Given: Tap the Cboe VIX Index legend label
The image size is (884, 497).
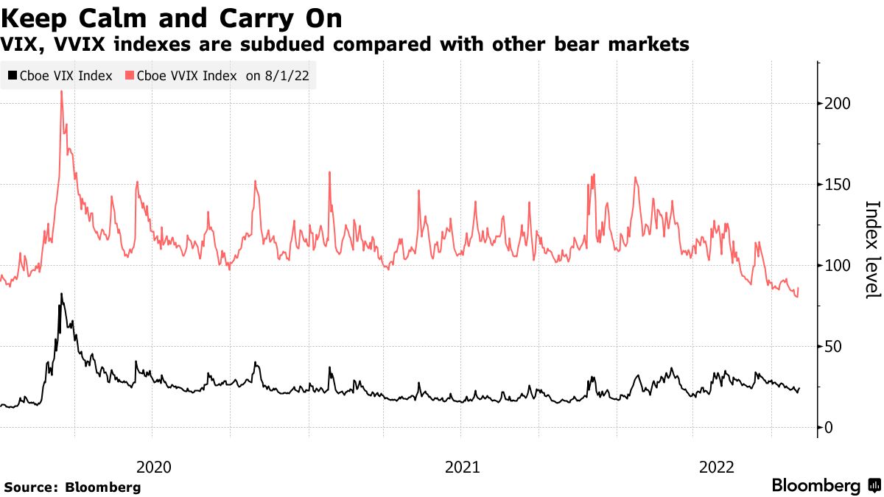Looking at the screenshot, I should click(x=67, y=75).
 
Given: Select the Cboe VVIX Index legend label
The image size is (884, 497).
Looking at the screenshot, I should click(x=186, y=75).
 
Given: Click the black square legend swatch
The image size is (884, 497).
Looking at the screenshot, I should click(x=13, y=75).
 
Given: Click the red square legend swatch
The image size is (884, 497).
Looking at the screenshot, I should click(x=130, y=75).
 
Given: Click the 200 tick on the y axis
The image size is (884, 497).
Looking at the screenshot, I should click(x=838, y=104).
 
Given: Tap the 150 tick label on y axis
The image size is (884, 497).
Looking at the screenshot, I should click(x=838, y=185).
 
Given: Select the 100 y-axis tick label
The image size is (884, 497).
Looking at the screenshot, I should click(x=838, y=266).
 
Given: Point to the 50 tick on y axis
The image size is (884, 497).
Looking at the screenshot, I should click(x=834, y=347).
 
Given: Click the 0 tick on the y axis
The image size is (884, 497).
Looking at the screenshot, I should click(x=829, y=428).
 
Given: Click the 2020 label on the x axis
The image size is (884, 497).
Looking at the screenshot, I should click(x=154, y=467).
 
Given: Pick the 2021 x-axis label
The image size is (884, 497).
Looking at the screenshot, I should click(x=463, y=467).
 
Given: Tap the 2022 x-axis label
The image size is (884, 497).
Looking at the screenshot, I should click(x=715, y=467).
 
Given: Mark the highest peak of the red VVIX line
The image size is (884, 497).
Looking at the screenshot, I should click(x=61, y=92).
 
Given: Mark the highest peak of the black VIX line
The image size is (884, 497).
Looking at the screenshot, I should click(x=61, y=295).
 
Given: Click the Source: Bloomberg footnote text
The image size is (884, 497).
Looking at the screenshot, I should click(x=72, y=487).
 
